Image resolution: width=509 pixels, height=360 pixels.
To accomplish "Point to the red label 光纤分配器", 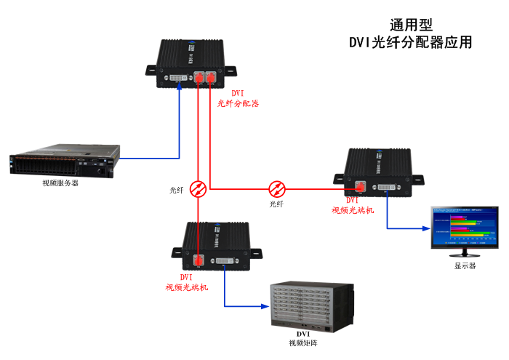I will [239, 104].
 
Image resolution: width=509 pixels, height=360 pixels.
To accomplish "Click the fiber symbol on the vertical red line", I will [198, 188].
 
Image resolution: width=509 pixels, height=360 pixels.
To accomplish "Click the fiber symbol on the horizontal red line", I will [277, 188].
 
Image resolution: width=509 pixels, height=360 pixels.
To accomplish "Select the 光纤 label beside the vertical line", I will [177, 190].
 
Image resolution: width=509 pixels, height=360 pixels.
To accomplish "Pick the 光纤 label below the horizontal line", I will [277, 204].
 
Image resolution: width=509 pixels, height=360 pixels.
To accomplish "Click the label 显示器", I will [465, 266].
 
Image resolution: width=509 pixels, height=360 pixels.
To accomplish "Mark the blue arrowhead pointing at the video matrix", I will [265, 305].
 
